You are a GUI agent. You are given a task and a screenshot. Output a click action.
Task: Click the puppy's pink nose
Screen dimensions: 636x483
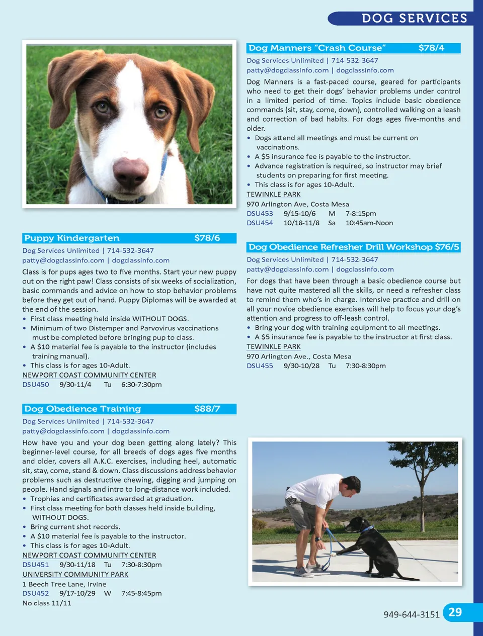pyautogui.click(x=130, y=170)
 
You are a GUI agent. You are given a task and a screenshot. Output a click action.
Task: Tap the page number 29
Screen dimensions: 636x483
pyautogui.click(x=455, y=612)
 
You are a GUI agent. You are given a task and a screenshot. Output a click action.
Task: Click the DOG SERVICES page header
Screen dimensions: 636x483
pyautogui.click(x=414, y=19)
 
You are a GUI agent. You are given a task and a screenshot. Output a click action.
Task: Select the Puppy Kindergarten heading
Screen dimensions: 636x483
pyautogui.click(x=72, y=238)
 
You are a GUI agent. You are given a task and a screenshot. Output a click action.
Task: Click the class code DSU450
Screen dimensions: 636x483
pyautogui.click(x=36, y=385)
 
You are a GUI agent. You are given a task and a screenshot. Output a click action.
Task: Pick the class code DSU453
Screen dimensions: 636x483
pyautogui.click(x=260, y=214)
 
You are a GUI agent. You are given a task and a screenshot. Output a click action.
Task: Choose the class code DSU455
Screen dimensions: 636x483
pyautogui.click(x=260, y=366)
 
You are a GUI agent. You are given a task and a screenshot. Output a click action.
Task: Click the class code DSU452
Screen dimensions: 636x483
pyautogui.click(x=36, y=593)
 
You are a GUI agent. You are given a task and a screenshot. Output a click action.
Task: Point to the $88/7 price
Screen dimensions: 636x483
pyautogui.click(x=207, y=409)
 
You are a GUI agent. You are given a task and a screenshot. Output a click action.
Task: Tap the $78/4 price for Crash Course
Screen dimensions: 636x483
pyautogui.click(x=431, y=48)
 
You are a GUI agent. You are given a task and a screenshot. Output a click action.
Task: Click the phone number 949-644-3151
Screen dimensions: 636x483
pyautogui.click(x=411, y=614)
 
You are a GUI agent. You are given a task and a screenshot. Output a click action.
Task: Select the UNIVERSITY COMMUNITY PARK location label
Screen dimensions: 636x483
pyautogui.click(x=75, y=574)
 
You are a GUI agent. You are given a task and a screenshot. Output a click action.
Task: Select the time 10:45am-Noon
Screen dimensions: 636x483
pyautogui.click(x=369, y=223)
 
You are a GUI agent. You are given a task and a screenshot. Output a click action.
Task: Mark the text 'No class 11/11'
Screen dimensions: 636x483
pyautogui.click(x=47, y=603)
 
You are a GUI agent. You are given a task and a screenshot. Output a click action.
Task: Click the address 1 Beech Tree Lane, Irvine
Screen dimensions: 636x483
pyautogui.click(x=64, y=584)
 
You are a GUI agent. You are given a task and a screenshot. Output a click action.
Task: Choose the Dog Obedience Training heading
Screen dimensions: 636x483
pyautogui.click(x=83, y=409)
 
